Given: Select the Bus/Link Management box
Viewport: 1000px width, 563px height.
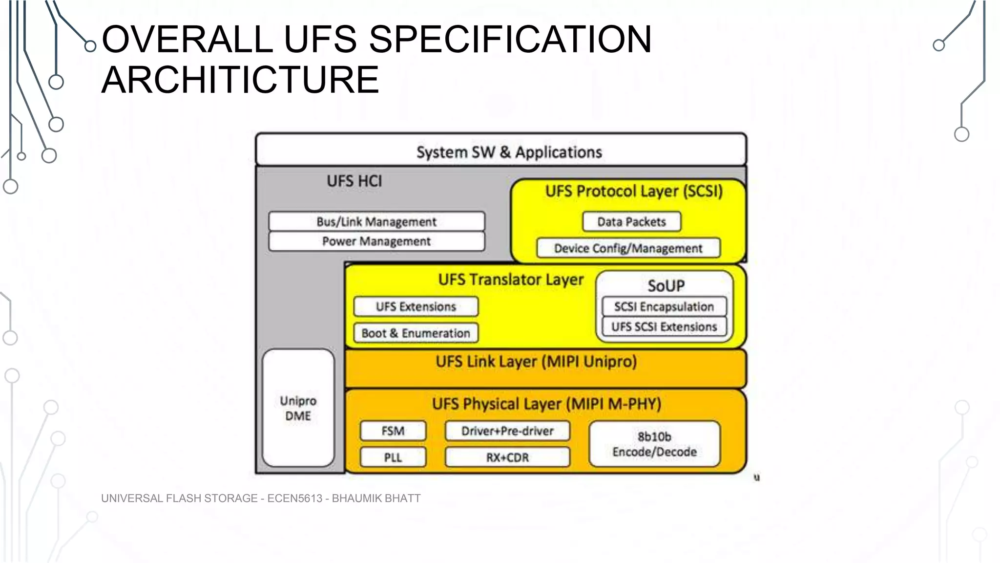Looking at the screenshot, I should pyautogui.click(x=376, y=221).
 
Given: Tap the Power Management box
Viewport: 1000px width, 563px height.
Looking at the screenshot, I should pyautogui.click(x=376, y=241).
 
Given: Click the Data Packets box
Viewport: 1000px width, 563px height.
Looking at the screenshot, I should pyautogui.click(x=631, y=222).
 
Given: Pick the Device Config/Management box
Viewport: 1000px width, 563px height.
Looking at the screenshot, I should pyautogui.click(x=628, y=248).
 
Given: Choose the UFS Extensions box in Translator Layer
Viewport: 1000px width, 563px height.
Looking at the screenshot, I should pyautogui.click(x=416, y=307).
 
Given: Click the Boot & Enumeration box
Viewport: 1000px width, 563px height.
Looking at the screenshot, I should pyautogui.click(x=416, y=333).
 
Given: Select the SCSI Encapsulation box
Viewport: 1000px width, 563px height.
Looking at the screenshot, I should pyautogui.click(x=664, y=307).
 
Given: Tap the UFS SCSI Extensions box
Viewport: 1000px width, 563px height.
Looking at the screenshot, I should pyautogui.click(x=664, y=326).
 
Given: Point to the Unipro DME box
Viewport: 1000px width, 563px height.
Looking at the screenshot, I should pyautogui.click(x=298, y=408).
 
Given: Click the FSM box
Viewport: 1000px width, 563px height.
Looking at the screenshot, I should pyautogui.click(x=393, y=431).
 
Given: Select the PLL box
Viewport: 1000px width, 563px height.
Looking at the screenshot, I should pyautogui.click(x=393, y=458).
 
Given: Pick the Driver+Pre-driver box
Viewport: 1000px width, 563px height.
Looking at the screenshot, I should pyautogui.click(x=507, y=431).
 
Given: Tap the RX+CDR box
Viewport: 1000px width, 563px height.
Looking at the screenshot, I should pyautogui.click(x=507, y=458).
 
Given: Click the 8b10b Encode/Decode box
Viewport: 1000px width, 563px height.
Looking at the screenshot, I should pyautogui.click(x=654, y=444).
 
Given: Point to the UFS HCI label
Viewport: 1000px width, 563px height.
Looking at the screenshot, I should pyautogui.click(x=354, y=181).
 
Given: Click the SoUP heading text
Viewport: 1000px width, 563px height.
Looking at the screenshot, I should pyautogui.click(x=666, y=285).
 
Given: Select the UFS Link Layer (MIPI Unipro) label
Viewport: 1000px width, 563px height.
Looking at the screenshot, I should pyautogui.click(x=536, y=362).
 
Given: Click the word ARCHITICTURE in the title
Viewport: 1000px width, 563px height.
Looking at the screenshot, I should pyautogui.click(x=240, y=80).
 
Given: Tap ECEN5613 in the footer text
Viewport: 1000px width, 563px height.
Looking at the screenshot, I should pyautogui.click(x=295, y=498).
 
